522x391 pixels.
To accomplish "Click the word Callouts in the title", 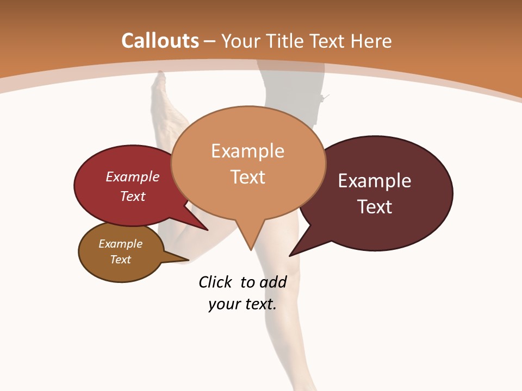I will (160, 41).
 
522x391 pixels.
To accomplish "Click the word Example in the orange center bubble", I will (247, 151).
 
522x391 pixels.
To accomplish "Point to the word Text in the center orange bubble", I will (247, 177).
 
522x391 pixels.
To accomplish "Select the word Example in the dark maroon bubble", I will (375, 181).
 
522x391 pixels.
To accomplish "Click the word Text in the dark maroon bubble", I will (375, 207).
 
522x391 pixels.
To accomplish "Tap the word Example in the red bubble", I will (133, 176).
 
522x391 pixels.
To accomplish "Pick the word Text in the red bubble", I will (133, 196).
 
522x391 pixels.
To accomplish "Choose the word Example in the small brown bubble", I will (120, 244).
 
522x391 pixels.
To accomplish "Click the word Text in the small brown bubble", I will (120, 260).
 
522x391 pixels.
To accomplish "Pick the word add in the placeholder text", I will (273, 282).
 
